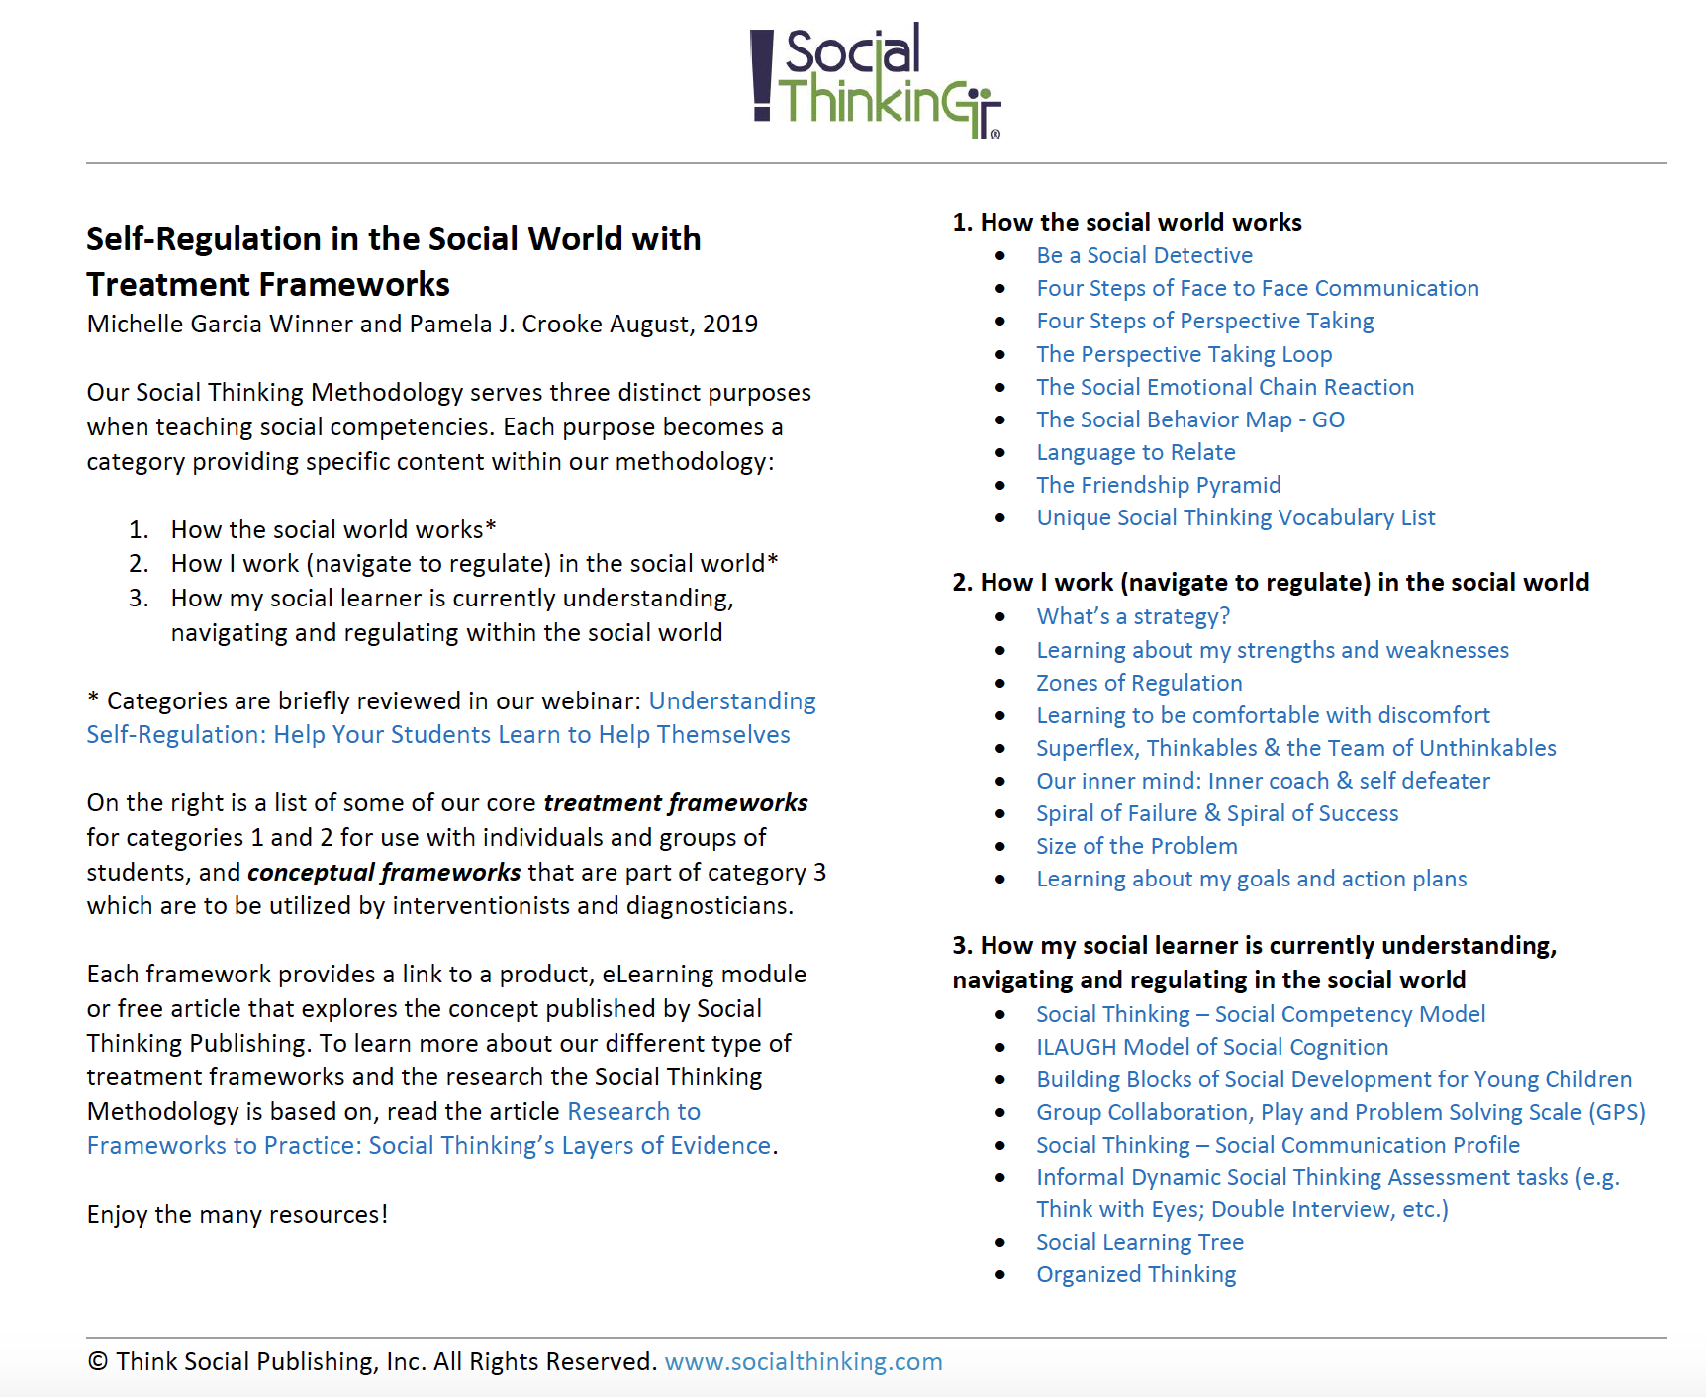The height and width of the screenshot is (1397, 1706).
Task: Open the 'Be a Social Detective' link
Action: click(x=1144, y=256)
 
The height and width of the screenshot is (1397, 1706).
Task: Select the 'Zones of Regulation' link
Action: click(x=1139, y=684)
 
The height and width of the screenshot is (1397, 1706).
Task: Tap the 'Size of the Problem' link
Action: click(x=1136, y=847)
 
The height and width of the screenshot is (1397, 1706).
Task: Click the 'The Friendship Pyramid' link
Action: click(x=1158, y=486)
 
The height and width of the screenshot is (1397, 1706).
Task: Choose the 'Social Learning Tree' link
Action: click(x=1139, y=1243)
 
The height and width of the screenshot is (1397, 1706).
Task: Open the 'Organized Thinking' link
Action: click(x=1136, y=1275)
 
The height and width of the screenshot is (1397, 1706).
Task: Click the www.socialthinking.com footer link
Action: click(x=803, y=1362)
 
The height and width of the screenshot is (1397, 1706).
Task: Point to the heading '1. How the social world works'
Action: click(x=1126, y=223)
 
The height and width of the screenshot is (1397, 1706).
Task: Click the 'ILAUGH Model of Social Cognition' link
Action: click(x=1211, y=1048)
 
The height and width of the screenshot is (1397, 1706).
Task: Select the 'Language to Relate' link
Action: click(x=1135, y=453)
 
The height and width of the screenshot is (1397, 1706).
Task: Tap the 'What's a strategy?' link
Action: click(x=1132, y=617)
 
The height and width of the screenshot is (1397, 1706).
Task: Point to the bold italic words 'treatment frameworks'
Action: click(x=675, y=803)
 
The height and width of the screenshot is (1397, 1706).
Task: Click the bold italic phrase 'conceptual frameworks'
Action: click(x=384, y=873)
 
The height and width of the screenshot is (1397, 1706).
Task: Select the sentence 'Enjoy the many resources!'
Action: click(x=237, y=1215)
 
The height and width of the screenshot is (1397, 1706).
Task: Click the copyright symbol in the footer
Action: click(x=97, y=1362)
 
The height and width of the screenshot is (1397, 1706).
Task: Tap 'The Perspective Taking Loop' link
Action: click(x=1184, y=355)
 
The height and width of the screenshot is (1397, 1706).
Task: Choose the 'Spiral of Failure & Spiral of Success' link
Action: click(x=1216, y=814)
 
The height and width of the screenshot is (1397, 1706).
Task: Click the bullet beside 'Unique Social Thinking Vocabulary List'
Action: click(x=1000, y=518)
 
